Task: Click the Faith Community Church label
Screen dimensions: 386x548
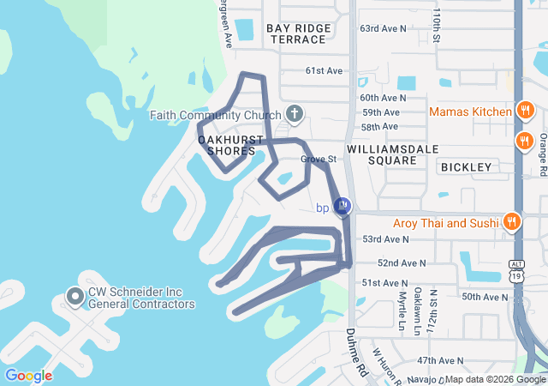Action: pos(215,116)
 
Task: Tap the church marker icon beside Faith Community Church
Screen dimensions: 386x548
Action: pos(295,114)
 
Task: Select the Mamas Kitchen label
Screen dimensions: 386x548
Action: pos(470,112)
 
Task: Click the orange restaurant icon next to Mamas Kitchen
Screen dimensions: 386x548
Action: pos(525,112)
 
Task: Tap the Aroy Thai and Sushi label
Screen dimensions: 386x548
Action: pos(445,223)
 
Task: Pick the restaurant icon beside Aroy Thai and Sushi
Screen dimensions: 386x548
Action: pos(512,220)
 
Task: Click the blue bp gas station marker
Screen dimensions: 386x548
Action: pos(342,206)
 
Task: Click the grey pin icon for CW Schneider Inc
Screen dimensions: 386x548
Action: pos(74,298)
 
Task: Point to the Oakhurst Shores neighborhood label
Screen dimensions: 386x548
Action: pos(226,145)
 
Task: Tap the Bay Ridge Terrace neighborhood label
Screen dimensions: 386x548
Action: pos(298,34)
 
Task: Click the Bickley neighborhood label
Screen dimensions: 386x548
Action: pos(468,167)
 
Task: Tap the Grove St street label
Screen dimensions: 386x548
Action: pos(319,160)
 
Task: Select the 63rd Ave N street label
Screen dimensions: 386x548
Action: pos(383,28)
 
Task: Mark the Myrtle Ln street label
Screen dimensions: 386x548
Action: pos(402,311)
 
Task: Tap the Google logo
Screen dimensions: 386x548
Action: pos(28,375)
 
